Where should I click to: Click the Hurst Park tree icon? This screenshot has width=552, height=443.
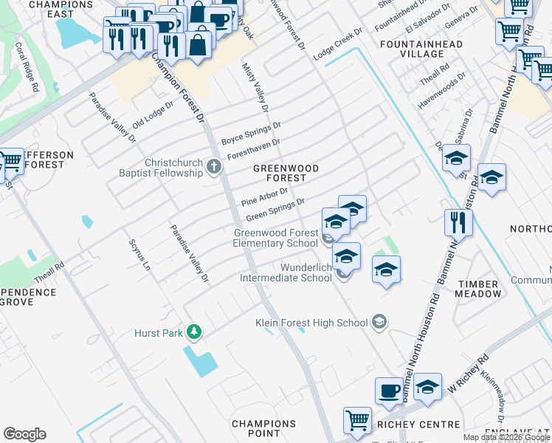193,333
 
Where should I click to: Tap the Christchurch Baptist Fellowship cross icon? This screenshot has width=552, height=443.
214,167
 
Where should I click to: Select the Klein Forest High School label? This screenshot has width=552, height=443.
311,323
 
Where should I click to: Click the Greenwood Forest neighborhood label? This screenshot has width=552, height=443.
286,173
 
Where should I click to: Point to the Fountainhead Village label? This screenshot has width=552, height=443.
431,49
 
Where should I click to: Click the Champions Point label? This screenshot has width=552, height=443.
263,429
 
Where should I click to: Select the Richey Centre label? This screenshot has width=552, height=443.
407,425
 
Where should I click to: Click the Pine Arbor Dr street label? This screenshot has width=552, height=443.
263,196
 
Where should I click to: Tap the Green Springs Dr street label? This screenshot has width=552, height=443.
275,209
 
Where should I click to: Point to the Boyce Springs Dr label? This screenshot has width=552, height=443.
252,132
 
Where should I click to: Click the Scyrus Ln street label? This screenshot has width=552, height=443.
139,254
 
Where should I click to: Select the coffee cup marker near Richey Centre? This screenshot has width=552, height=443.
389,391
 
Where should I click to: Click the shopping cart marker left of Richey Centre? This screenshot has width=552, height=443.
357,420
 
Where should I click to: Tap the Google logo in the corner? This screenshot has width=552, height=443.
24,434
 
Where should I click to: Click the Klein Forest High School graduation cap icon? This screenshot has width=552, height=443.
379,322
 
